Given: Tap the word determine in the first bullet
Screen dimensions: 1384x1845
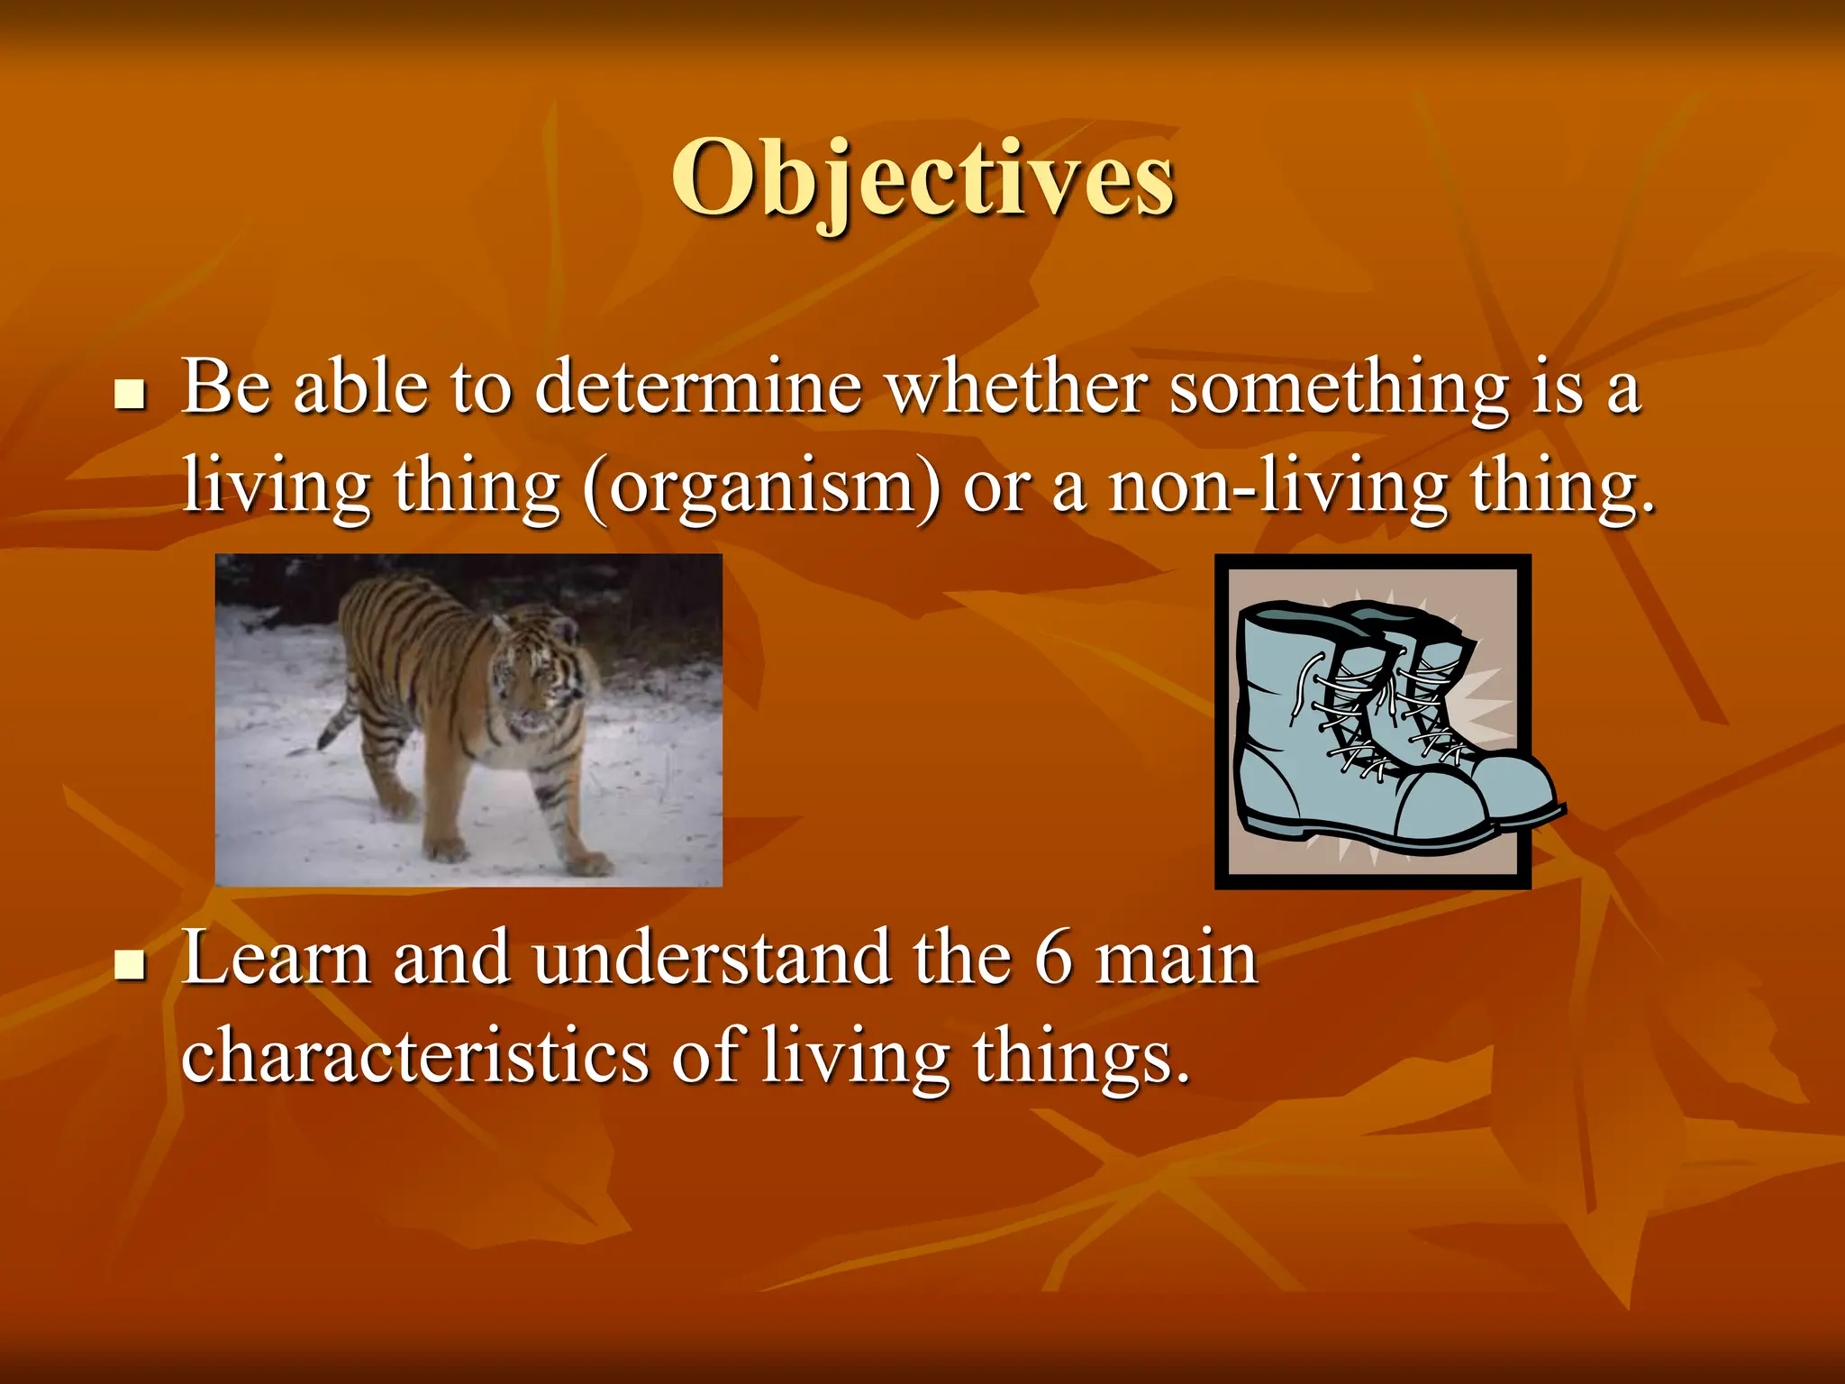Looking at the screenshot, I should [698, 387].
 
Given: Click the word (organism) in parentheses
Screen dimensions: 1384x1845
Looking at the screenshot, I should [761, 487].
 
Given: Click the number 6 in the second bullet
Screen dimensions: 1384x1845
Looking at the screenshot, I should [1053, 959].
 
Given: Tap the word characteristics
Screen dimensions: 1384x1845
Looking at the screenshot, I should [414, 1056].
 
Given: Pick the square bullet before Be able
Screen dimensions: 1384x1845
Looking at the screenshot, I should [132, 395].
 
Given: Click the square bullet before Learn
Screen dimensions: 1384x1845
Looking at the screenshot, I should [132, 966].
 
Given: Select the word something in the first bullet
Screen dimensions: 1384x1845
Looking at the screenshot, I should [1339, 387].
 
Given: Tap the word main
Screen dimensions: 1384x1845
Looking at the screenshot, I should [1176, 959].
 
